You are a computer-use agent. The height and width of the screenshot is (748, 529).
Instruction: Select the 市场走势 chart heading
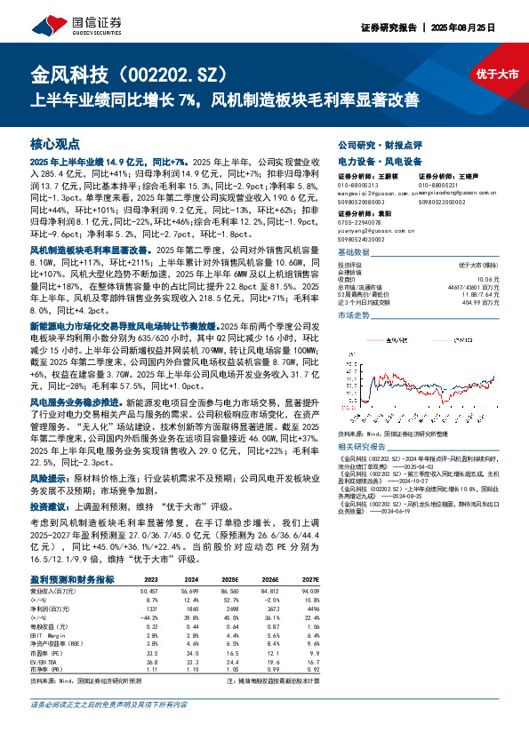(354, 315)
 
